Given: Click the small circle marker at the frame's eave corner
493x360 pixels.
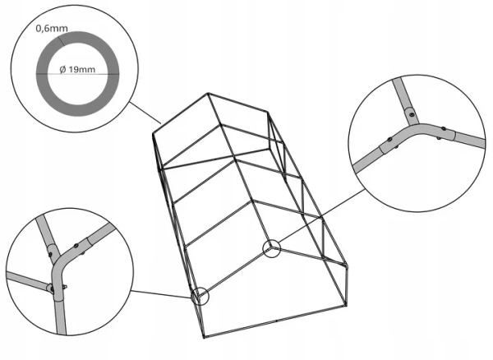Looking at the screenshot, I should (199, 296).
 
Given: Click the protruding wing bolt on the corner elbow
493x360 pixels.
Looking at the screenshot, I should (65, 287).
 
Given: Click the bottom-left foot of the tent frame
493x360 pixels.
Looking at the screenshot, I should (204, 335).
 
